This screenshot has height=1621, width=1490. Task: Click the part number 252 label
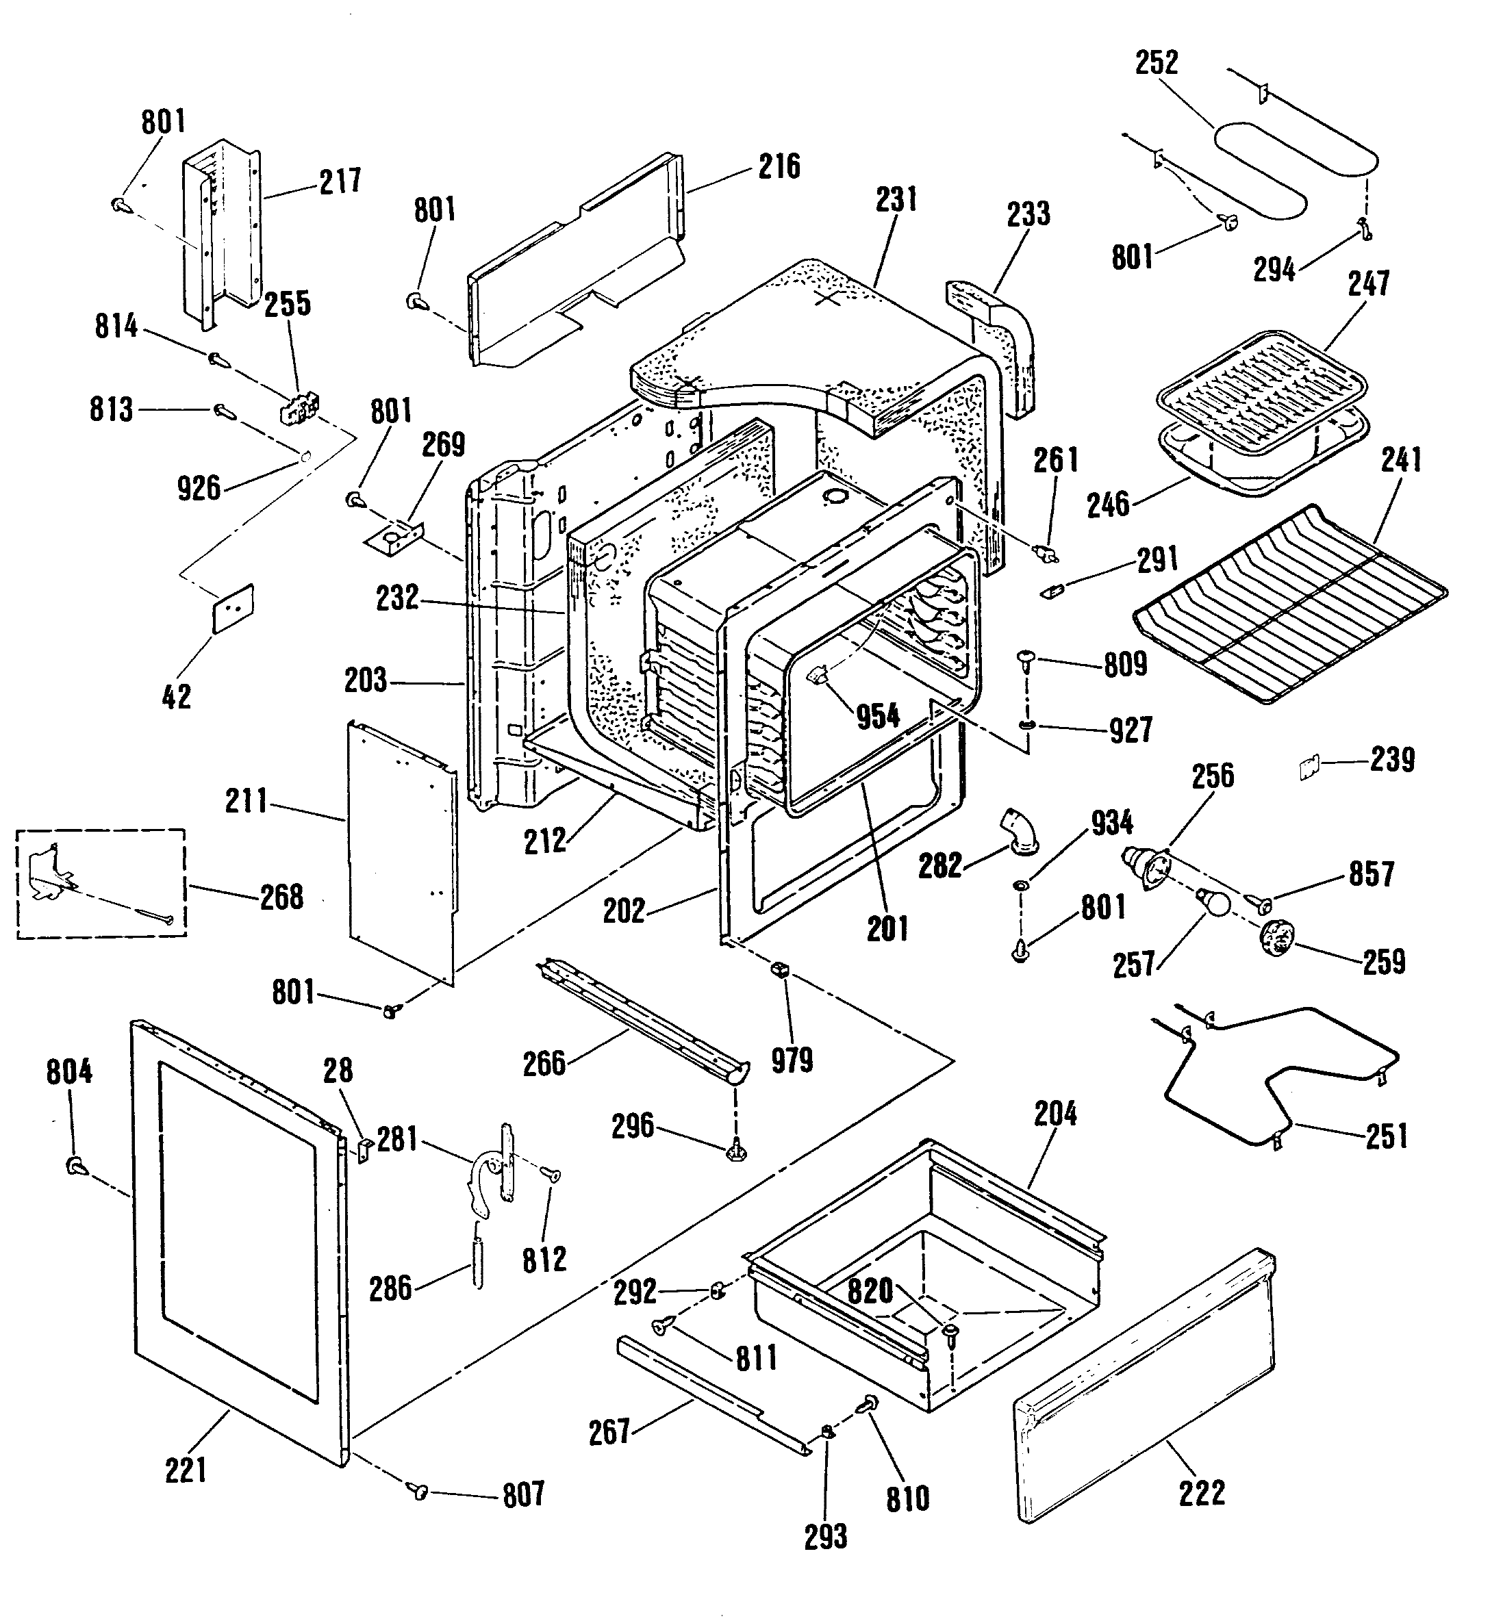[x=1157, y=63]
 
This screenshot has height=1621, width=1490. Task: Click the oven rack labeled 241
[x=1290, y=604]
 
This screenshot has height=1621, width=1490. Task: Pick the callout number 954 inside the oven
[x=878, y=715]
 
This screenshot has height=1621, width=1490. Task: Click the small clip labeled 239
[x=1309, y=767]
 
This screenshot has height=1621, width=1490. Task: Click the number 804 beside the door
[x=69, y=1072]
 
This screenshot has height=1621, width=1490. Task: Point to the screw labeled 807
[x=418, y=1490]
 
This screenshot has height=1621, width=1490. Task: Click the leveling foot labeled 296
[x=735, y=1153]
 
